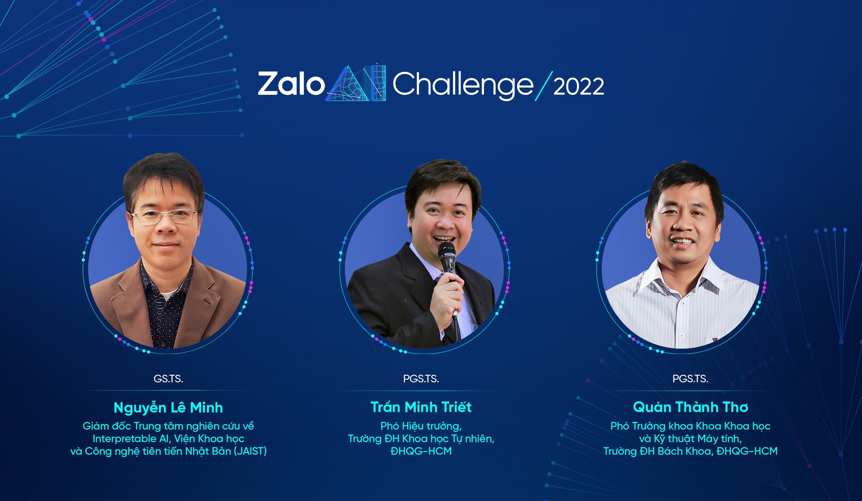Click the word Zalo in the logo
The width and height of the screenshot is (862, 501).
(291, 84)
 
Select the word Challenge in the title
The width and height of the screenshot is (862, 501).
(462, 84)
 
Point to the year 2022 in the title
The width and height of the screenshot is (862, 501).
(578, 86)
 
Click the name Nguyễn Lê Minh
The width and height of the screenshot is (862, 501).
(168, 408)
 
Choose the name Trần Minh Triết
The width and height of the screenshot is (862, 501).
(421, 407)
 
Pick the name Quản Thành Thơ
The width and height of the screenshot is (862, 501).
(690, 407)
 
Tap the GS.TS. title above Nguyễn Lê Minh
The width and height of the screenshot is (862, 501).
(168, 379)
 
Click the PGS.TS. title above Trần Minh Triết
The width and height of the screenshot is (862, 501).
(421, 379)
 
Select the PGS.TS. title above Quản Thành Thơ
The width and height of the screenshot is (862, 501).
(690, 379)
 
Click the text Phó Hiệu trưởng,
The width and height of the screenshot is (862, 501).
(421, 426)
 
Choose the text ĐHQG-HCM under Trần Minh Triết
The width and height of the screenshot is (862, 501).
(421, 451)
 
